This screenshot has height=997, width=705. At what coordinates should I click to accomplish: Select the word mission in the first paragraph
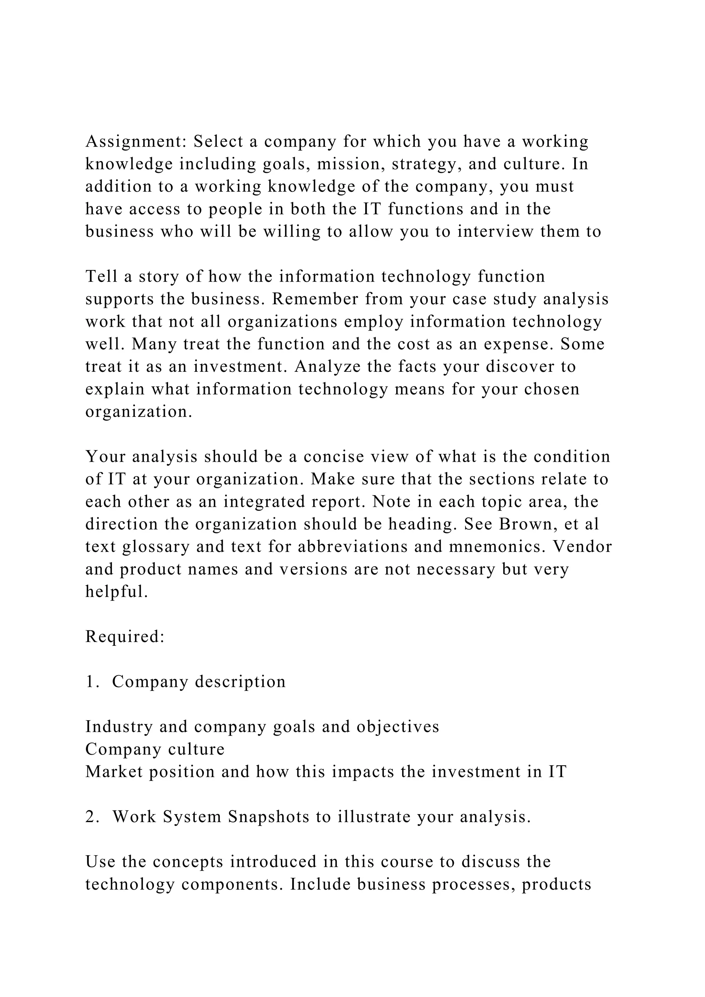point(348,164)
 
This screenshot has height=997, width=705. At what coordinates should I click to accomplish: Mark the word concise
point(331,457)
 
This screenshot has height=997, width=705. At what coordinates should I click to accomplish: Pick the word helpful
point(116,591)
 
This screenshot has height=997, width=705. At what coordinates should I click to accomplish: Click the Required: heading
point(125,637)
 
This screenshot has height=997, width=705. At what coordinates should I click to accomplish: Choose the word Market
point(114,772)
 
